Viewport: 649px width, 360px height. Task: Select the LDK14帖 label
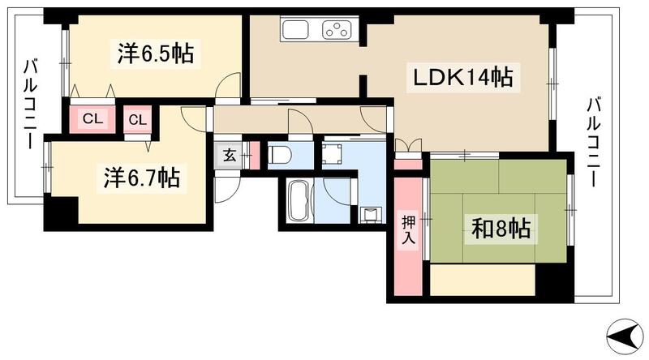point(463,79)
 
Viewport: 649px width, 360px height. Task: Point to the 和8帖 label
point(501,229)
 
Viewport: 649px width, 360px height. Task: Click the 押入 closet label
point(408,230)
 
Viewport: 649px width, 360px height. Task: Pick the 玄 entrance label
point(230,155)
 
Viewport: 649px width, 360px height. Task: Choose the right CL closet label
point(138,119)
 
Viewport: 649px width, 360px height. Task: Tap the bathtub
point(298,200)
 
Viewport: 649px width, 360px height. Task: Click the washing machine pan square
point(334,154)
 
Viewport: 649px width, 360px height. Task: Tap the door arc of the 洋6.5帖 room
point(231,85)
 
